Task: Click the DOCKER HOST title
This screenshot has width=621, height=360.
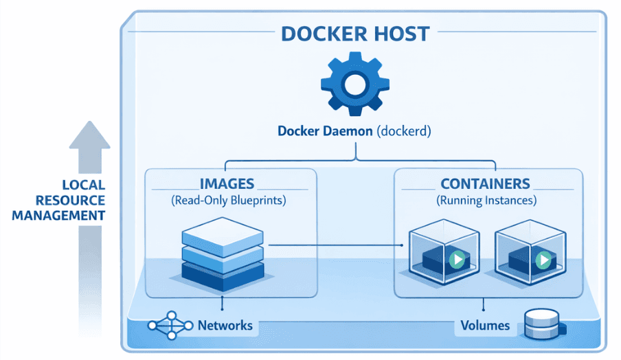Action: [354, 33]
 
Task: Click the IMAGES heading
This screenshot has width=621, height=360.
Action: [227, 183]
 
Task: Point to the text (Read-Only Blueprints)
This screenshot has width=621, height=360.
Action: [227, 201]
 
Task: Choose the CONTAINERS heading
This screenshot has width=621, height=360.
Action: [485, 183]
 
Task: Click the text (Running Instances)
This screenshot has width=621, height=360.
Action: [486, 201]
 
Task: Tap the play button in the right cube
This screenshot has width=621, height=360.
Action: [543, 260]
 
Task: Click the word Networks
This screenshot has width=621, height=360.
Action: [225, 325]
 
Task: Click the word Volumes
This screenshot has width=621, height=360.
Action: [485, 325]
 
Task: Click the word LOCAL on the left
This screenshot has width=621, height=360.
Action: [83, 185]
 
